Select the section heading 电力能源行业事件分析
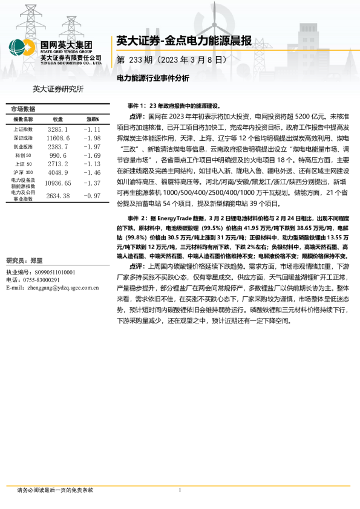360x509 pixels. coord(153,79)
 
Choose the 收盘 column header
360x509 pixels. coord(58,120)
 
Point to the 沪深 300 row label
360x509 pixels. coord(23,172)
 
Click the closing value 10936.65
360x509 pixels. coord(58,183)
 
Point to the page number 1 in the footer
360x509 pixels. coord(180,490)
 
